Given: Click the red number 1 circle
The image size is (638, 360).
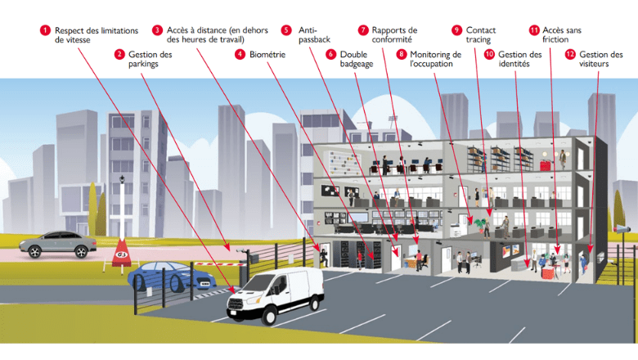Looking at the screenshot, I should point(45,30).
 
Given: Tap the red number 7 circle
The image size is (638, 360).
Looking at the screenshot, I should point(363,30).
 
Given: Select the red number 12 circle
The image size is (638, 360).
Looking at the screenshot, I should point(569,54).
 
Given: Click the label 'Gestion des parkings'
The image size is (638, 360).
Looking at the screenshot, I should point(151,59).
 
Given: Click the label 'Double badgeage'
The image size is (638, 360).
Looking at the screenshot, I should point(357,59).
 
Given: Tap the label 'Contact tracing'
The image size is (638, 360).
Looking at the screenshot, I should point(481,34).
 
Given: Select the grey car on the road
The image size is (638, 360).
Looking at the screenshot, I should point(57,243).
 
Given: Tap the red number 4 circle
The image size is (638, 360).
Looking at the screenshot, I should point(240,54).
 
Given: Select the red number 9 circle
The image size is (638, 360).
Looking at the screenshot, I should point(456,30).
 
